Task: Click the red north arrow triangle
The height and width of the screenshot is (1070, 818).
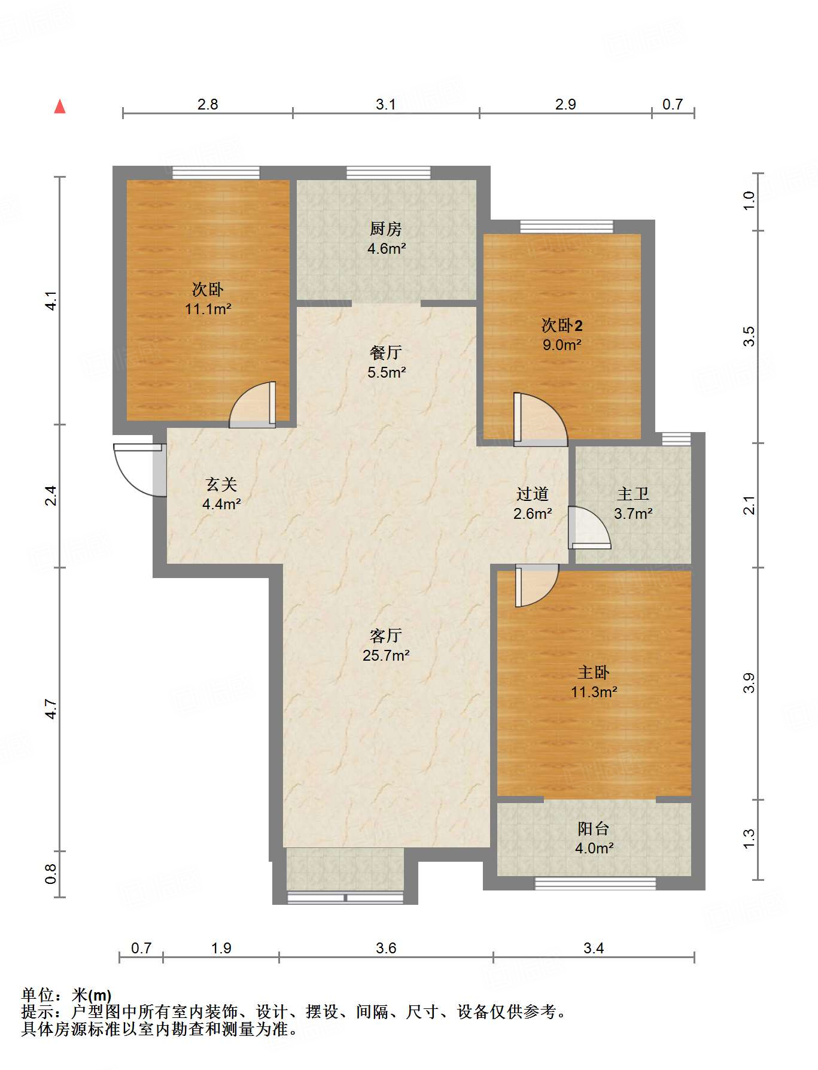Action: click(60, 107)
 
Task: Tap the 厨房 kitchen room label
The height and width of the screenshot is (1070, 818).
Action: click(386, 229)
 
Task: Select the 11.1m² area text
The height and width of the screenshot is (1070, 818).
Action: click(208, 309)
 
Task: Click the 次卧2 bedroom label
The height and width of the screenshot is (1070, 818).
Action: click(562, 326)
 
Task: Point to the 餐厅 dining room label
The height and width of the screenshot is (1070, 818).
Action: click(386, 352)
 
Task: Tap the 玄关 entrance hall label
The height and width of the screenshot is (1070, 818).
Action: click(221, 484)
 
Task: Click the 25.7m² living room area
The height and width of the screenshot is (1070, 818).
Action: click(386, 655)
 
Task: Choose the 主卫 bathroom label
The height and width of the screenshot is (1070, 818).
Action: click(633, 494)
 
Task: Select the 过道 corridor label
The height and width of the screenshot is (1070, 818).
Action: click(533, 494)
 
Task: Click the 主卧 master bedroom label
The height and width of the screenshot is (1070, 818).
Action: click(594, 673)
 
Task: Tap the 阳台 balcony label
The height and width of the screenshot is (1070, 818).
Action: click(594, 828)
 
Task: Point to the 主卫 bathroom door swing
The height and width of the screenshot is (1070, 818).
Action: click(589, 527)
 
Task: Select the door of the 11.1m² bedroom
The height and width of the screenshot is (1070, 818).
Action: click(253, 405)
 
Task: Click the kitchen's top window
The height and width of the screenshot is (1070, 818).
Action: click(388, 173)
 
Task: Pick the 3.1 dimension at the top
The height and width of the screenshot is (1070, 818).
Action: click(386, 104)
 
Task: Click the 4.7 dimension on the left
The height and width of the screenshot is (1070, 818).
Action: click(51, 709)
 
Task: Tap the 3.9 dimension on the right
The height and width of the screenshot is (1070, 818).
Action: click(749, 683)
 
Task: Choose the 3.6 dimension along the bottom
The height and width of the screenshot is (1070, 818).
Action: click(386, 948)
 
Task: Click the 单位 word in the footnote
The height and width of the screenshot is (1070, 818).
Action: click(38, 995)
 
